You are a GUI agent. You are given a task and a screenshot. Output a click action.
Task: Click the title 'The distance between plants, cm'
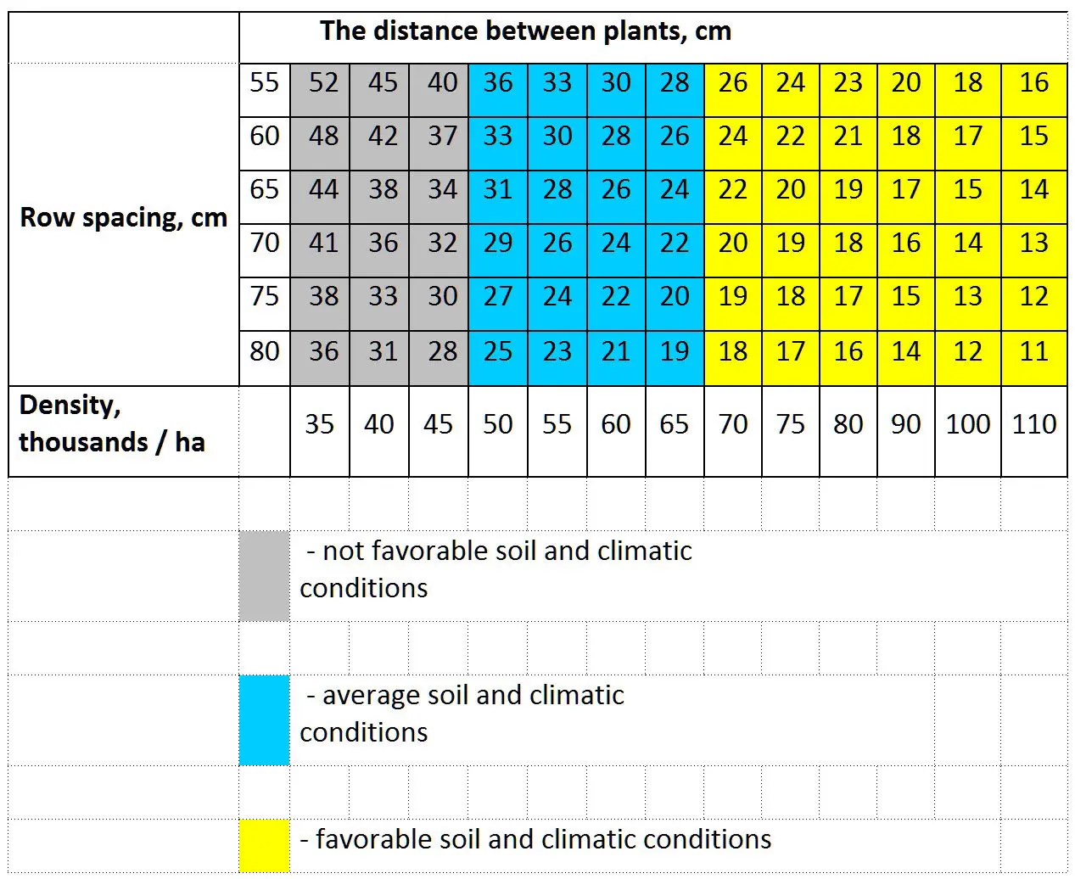525,31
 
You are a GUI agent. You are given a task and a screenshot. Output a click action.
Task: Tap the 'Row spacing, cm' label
123,218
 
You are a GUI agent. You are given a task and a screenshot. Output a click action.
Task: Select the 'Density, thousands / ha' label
111,423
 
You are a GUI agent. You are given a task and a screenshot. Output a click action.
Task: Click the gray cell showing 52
323,83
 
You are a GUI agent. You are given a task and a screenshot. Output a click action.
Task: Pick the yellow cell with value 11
1033,351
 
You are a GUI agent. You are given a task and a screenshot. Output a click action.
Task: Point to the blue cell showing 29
497,244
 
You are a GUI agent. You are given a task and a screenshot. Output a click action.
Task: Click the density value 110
1033,424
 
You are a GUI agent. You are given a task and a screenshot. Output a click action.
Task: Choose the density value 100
967,424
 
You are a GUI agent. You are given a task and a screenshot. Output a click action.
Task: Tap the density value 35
320,424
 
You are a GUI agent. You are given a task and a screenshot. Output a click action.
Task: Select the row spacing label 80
265,351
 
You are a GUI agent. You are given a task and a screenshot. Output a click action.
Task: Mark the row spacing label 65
265,189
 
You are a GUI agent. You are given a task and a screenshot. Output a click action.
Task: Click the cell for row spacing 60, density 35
323,137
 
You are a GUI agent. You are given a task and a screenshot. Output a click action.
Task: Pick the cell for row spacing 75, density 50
497,297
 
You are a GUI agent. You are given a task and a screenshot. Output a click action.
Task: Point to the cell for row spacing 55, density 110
1033,83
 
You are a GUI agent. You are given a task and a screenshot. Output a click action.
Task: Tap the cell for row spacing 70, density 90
905,244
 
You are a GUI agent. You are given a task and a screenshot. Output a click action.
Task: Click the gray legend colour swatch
264,576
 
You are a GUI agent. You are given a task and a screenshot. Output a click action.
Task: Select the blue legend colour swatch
264,720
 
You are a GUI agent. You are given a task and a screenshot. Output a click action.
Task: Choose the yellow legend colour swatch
264,845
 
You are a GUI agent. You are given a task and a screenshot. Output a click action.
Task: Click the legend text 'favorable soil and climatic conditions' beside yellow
543,840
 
